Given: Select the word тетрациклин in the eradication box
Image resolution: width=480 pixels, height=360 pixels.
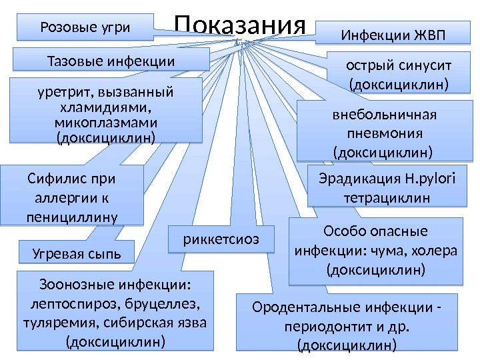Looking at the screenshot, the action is coord(385,198).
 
